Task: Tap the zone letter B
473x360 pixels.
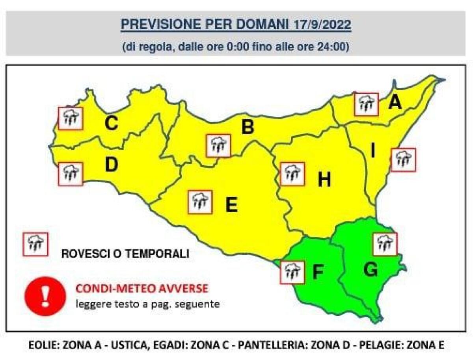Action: click(x=248, y=127)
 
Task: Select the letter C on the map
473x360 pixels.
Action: click(x=112, y=124)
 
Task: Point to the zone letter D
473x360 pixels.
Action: click(x=112, y=165)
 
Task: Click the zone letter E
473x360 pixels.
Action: click(x=231, y=205)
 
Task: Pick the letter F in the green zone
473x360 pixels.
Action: click(x=318, y=273)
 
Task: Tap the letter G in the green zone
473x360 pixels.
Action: click(x=371, y=270)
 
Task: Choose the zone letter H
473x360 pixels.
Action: click(x=324, y=180)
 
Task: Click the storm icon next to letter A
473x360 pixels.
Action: click(x=366, y=104)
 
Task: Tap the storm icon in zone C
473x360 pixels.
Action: click(x=71, y=118)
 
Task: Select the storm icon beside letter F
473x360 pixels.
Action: click(x=292, y=272)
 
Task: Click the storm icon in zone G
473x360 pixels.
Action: click(x=385, y=244)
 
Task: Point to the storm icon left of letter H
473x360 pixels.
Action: click(x=292, y=174)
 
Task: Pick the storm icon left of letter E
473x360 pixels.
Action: click(x=200, y=202)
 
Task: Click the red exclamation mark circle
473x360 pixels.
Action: click(x=45, y=295)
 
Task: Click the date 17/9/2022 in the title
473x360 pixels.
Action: click(x=322, y=24)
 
